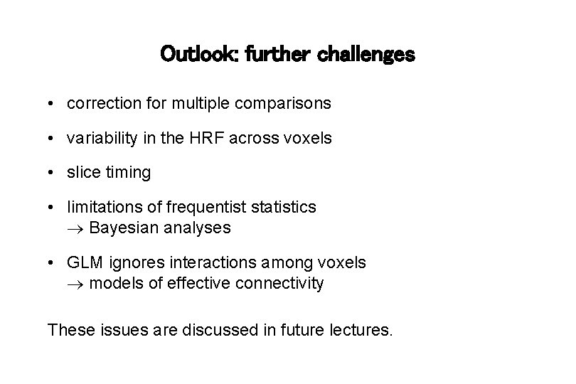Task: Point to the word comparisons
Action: pos(289,104)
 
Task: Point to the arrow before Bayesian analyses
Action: pos(76,228)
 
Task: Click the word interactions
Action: pos(232,262)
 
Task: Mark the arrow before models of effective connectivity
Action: pos(76,284)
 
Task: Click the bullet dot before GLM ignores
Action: pos(53,263)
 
